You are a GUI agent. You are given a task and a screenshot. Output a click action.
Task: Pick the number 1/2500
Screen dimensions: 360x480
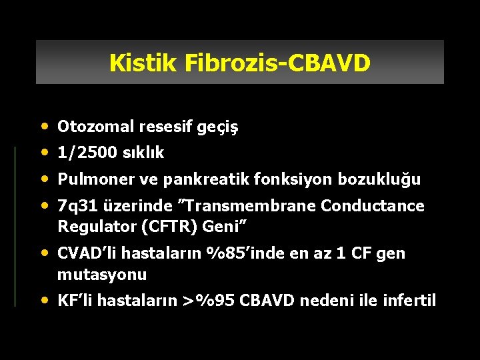point(85,153)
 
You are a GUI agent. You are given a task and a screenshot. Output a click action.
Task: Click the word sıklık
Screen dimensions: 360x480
point(141,153)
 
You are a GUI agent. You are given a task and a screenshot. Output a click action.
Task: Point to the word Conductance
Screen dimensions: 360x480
point(373,206)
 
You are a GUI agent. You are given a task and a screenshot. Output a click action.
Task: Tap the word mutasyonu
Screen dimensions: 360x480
point(101,274)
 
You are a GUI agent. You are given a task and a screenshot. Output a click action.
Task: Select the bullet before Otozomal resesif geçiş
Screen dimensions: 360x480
point(45,126)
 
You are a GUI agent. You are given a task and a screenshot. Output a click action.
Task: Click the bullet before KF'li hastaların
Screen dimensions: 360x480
point(45,300)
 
